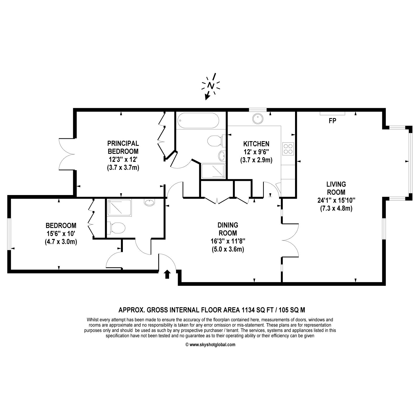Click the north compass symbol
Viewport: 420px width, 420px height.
pyautogui.click(x=210, y=86)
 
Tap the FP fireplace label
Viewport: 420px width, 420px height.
pyautogui.click(x=332, y=121)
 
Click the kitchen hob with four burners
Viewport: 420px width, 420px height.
pyautogui.click(x=288, y=149)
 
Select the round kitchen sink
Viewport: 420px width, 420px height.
pyautogui.click(x=258, y=119)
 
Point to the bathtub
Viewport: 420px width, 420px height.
pyautogui.click(x=198, y=120)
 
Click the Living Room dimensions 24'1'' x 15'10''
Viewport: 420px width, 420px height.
pyautogui.click(x=336, y=201)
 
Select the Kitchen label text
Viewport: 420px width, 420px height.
pyautogui.click(x=256, y=144)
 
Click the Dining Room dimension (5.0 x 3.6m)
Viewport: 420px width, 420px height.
pyautogui.click(x=228, y=249)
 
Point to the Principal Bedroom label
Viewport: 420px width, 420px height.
pyautogui.click(x=123, y=147)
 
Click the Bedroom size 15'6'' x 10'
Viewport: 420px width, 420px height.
pyautogui.click(x=61, y=233)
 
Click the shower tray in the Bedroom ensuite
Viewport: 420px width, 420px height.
pyautogui.click(x=119, y=208)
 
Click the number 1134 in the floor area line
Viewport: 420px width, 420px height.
pyautogui.click(x=248, y=310)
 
